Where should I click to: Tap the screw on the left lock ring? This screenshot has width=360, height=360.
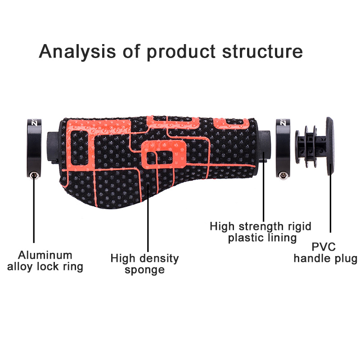(32, 175)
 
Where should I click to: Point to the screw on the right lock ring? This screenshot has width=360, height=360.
(283, 175)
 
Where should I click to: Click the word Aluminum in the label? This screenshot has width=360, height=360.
(45, 255)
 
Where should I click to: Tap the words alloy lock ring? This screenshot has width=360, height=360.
(45, 266)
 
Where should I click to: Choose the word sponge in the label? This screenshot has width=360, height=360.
(144, 270)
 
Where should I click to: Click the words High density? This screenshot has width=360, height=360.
(144, 258)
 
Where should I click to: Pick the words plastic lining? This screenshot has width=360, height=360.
(262, 237)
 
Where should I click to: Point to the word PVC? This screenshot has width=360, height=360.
(325, 247)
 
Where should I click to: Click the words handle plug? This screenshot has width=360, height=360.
(325, 258)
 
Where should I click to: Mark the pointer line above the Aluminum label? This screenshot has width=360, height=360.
(34, 211)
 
